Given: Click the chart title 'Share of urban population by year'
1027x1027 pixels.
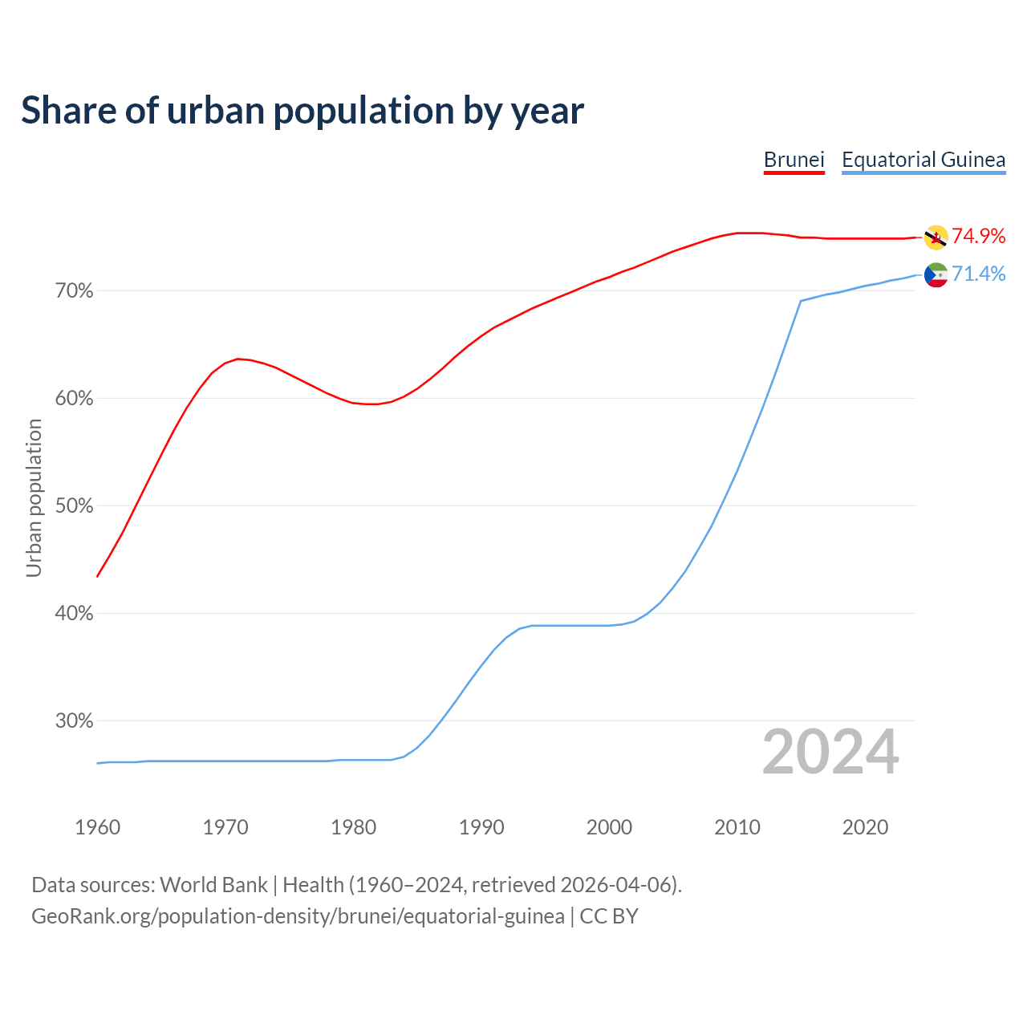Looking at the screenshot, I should (x=302, y=111).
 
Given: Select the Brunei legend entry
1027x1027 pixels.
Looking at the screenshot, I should (x=794, y=160).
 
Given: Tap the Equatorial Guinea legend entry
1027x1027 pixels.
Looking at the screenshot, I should (x=923, y=160).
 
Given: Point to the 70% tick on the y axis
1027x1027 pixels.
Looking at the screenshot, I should (x=74, y=291).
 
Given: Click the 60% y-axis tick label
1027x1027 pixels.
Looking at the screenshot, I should (x=74, y=399).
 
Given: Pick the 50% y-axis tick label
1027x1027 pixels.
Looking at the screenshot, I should (x=74, y=506).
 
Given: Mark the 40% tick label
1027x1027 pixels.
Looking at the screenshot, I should (x=74, y=614).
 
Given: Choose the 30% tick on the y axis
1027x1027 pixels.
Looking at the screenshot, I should (x=74, y=721).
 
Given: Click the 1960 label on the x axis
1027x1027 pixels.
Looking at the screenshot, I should (x=97, y=827).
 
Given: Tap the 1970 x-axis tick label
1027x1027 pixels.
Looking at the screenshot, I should (x=225, y=827).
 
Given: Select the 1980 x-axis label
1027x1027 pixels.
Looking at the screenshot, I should (x=353, y=827).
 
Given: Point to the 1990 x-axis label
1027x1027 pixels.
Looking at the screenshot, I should (x=481, y=827).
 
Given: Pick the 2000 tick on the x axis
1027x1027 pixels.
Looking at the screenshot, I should (x=609, y=827).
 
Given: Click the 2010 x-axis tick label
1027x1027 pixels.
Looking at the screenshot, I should (x=737, y=827).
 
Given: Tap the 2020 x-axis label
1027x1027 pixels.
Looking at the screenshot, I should (x=865, y=827).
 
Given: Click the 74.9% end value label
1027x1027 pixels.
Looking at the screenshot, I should (x=978, y=236).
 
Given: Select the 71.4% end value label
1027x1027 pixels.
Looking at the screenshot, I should (x=978, y=274).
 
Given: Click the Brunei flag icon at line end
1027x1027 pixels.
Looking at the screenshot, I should (x=936, y=237).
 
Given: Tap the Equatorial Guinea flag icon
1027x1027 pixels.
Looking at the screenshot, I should (x=936, y=275).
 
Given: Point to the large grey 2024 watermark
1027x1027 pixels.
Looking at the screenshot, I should (x=830, y=752).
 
